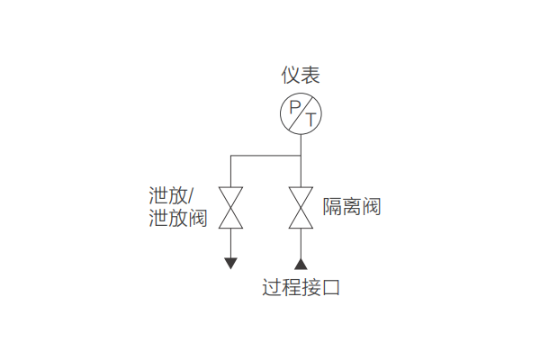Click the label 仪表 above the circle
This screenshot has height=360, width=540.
pos(301,76)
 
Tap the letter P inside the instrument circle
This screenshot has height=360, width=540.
pos(293,109)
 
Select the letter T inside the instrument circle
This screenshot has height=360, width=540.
pos(310,119)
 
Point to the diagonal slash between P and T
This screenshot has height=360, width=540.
pos(301,113)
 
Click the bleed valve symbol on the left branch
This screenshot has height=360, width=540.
pos(231,207)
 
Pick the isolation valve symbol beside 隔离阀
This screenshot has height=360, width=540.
pos(301,207)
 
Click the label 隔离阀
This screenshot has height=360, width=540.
pos(352,207)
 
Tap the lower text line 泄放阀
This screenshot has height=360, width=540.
pos(178,218)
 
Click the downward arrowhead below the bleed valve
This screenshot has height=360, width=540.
pos(231,263)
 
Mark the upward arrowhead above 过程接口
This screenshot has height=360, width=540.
pos(301,264)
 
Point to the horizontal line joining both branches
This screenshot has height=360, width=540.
pos(265,156)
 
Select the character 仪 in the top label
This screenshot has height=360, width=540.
pos(291,76)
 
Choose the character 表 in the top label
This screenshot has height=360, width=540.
pos(310,76)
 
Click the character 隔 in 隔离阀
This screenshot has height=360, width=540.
pos(333,207)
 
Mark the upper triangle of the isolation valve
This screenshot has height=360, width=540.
pos(301,197)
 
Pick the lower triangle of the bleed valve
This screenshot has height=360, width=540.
pos(231,218)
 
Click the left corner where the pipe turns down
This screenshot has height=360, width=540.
pos(231,156)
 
